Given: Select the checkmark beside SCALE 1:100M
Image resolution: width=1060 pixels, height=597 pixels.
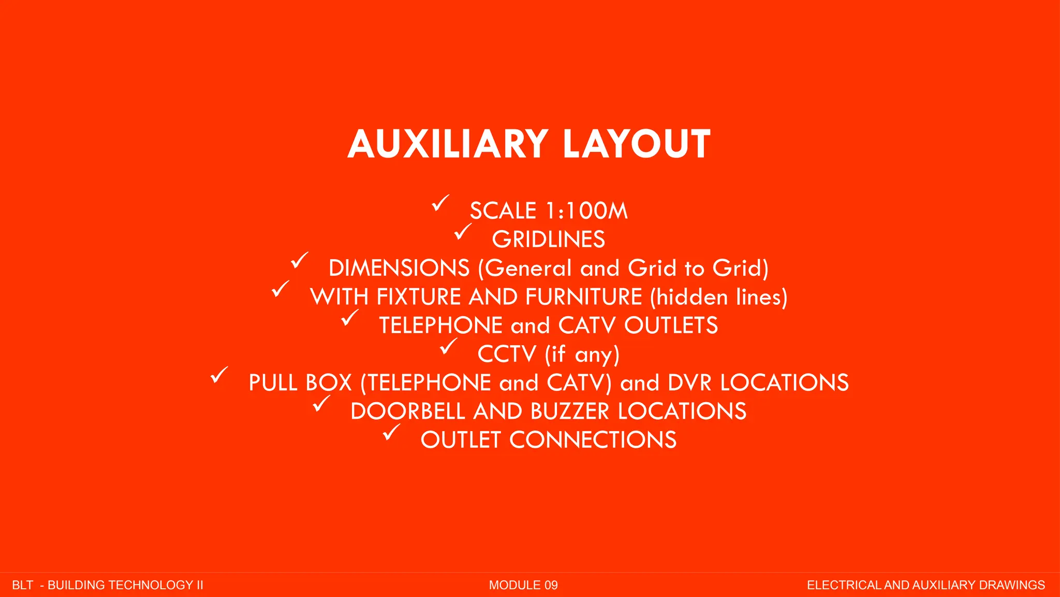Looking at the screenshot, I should (440, 203).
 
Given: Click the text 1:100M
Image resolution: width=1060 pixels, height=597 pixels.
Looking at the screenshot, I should (587, 211).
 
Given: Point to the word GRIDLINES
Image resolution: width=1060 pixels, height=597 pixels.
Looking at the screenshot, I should (548, 239).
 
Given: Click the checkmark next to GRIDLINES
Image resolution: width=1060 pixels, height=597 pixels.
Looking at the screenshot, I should (463, 231).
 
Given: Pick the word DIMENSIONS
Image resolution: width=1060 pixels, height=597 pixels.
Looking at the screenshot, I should (399, 268).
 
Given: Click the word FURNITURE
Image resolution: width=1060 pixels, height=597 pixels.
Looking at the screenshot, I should (583, 297).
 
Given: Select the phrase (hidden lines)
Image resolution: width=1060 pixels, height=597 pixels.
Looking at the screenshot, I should (719, 297).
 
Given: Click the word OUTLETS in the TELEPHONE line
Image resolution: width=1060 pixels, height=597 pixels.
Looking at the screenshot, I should (671, 325).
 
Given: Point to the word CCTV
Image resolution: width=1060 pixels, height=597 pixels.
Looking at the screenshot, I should (507, 354).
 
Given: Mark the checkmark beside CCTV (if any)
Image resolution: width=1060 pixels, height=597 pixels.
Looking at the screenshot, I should (448, 346).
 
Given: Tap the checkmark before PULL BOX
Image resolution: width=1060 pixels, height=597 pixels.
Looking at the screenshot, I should (219, 375).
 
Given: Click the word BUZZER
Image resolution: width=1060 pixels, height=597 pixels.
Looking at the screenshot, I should (570, 411).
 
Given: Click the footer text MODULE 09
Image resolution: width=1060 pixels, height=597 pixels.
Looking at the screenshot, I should (523, 585).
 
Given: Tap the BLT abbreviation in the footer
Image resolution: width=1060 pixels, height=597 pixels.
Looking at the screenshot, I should (23, 585).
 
